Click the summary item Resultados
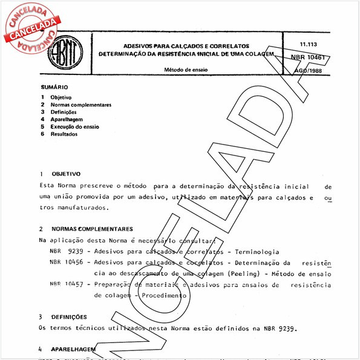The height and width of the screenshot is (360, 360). [64, 134]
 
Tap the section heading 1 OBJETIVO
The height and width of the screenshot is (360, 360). [58, 173]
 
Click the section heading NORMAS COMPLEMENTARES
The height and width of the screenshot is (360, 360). [92, 229]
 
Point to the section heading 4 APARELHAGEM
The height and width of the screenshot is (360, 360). [66, 349]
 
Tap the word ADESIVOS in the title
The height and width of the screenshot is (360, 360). [140, 45]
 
